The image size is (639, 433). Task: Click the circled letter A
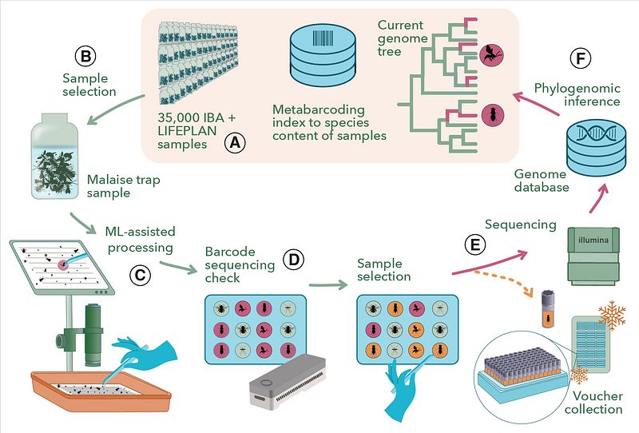233,142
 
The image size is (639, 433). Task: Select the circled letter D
293,259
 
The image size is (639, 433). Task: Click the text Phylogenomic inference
577,94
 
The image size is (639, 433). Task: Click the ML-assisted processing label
139,239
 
